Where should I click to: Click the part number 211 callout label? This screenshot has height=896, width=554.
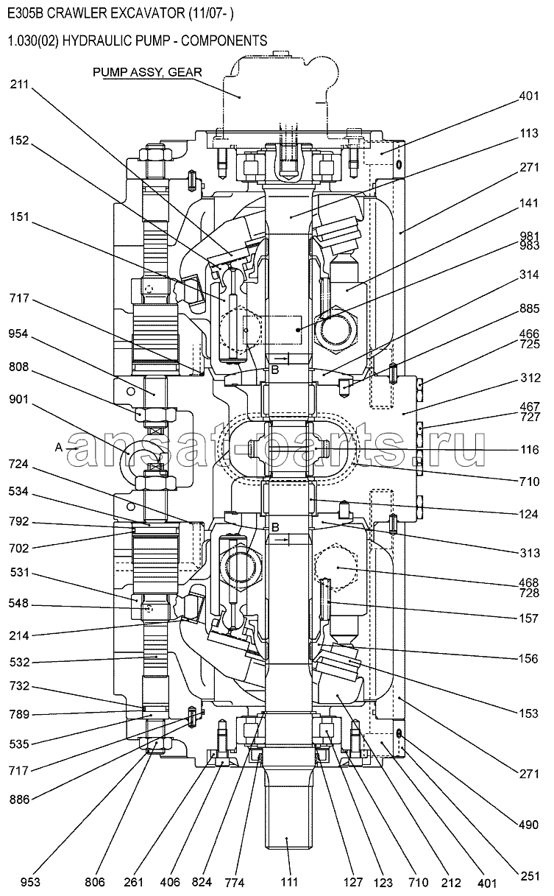20,85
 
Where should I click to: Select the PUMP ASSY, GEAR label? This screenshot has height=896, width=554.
147,72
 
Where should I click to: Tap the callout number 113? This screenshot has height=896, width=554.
529,133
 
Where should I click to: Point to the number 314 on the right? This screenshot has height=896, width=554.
529,275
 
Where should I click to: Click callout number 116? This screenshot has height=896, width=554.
529,450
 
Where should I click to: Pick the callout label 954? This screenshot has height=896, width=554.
19,334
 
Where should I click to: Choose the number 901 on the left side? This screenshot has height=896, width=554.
19,399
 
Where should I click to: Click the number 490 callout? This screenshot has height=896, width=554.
528,825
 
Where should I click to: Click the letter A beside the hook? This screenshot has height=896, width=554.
59,448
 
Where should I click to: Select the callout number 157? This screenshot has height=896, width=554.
529,618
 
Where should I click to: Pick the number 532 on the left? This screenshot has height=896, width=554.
20,662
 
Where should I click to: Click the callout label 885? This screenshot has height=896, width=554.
529,308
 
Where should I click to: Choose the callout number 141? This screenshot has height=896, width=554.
529,202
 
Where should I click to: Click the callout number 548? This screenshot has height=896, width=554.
19,603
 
